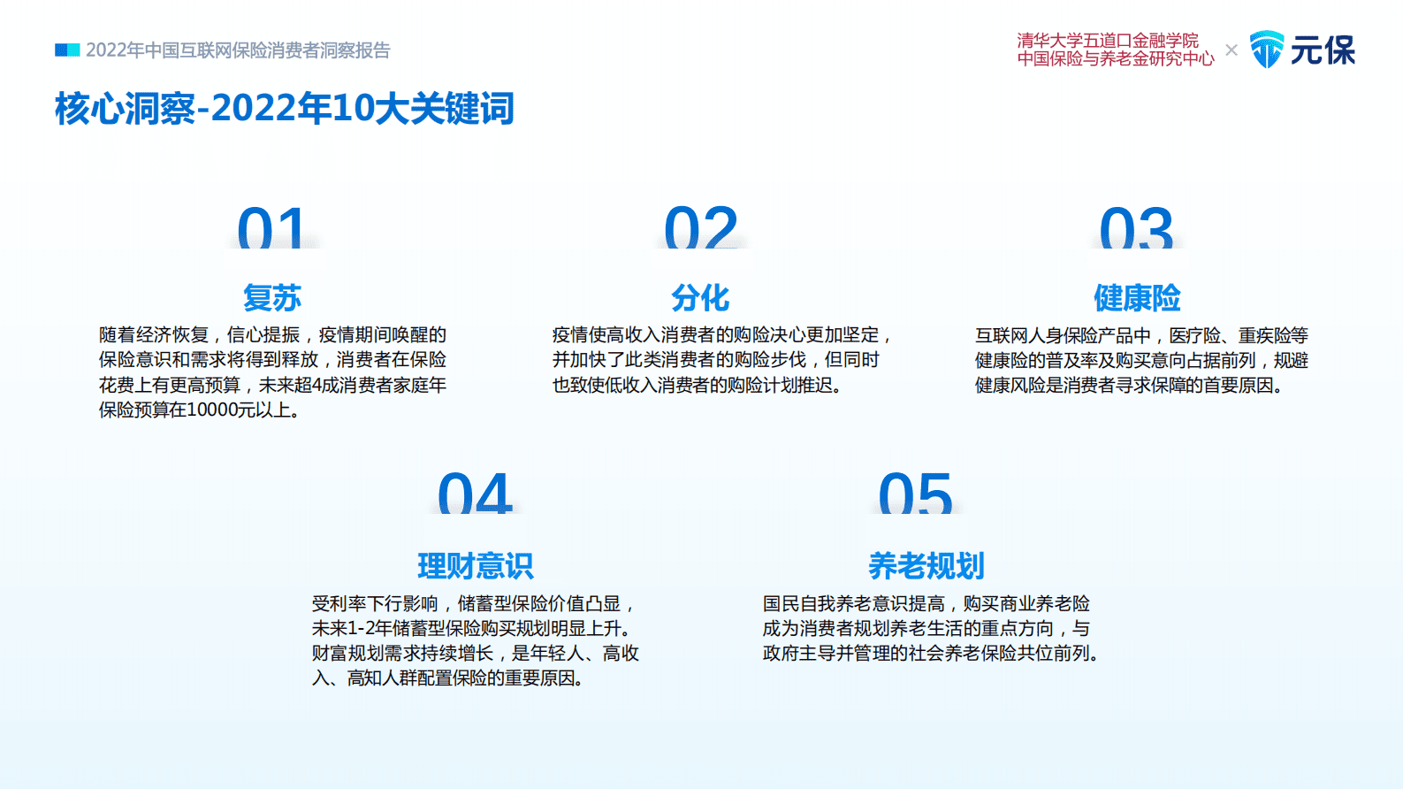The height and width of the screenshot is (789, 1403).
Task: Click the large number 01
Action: click(271, 227)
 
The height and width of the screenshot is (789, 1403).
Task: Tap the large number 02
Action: click(700, 227)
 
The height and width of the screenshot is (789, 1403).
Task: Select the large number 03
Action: click(1136, 227)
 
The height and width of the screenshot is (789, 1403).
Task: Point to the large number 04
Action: click(475, 494)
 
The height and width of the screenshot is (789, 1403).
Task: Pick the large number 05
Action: click(915, 494)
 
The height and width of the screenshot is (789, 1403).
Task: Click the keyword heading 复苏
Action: click(272, 298)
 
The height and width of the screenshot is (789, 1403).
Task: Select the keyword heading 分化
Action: click(700, 298)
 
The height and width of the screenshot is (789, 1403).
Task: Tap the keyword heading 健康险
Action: click(1137, 298)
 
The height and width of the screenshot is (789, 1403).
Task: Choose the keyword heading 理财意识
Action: click(476, 566)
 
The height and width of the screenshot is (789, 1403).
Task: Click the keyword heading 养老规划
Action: click(926, 566)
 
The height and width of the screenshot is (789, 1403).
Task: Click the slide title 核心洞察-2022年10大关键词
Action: click(284, 109)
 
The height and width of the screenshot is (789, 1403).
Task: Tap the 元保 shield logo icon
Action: click(1266, 50)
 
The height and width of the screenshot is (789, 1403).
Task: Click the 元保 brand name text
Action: click(1323, 50)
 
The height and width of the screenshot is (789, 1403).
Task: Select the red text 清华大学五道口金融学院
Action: click(1107, 41)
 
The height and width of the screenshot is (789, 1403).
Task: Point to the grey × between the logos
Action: click(1231, 50)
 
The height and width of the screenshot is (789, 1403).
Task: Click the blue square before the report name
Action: click(67, 50)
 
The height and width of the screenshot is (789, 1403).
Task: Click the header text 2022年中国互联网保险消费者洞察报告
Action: click(238, 50)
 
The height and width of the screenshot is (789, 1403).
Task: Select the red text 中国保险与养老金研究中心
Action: click(1116, 59)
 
